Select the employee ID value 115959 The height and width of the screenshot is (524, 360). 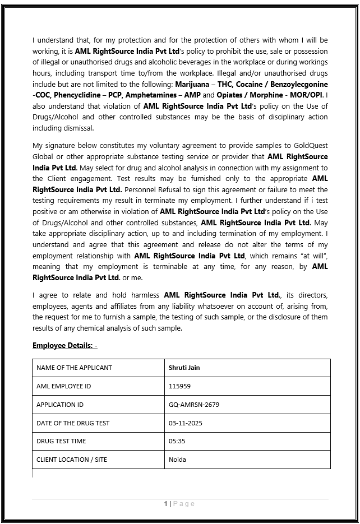coord(179,386)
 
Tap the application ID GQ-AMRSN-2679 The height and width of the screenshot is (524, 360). coord(194,405)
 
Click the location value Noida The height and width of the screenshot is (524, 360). coord(177,460)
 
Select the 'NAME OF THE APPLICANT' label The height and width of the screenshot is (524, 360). coord(74,368)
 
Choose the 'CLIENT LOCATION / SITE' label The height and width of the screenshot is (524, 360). coord(72,460)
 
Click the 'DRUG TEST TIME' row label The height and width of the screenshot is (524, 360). coord(61,441)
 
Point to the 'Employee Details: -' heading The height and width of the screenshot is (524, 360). coord(65,345)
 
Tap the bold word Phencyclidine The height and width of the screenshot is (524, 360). coord(79,95)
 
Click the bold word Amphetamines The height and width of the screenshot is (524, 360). coord(153,95)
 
